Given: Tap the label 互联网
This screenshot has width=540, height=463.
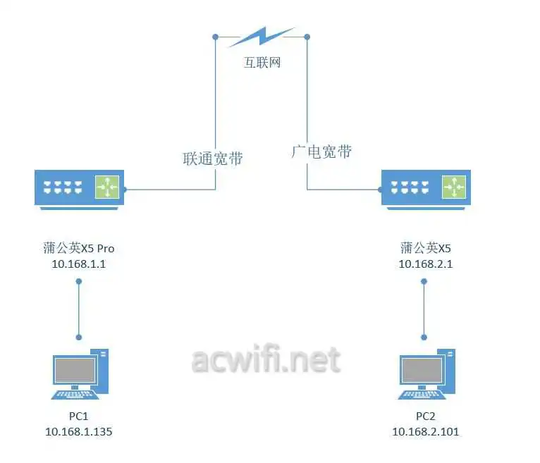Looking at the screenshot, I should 262,62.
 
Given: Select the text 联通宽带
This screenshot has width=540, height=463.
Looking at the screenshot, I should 213,158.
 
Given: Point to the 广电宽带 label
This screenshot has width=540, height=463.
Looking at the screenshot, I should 321,152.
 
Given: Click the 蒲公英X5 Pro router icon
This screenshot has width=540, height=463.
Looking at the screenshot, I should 79,189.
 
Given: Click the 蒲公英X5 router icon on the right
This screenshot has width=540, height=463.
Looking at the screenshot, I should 425,189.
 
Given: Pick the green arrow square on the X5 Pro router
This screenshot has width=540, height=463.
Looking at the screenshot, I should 107,186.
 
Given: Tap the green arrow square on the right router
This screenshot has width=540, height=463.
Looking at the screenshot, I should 453,186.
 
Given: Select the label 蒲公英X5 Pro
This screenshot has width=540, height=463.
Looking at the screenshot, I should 78,247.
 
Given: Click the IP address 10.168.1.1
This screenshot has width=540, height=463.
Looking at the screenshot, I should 78,264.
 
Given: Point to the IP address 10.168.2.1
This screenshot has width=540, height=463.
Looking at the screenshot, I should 425,264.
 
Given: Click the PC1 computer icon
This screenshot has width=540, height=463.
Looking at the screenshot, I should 79,374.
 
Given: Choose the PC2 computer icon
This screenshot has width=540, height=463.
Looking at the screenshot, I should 426,374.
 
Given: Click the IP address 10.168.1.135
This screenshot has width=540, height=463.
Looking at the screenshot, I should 78,431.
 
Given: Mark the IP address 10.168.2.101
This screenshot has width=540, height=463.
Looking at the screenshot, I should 425,431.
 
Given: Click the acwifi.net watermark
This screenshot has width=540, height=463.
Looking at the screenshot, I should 266,360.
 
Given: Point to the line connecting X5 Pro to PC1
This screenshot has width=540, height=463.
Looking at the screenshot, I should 79,309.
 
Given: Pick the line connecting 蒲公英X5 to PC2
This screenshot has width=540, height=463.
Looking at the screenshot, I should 424,309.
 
